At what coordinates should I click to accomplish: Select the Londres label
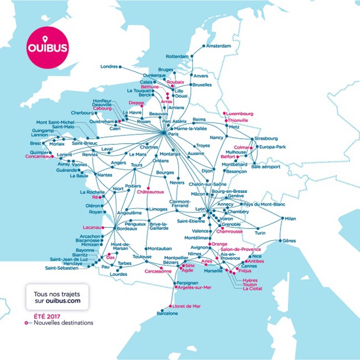point(109,66)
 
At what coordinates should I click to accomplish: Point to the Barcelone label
point(167,314)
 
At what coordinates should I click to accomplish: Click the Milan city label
point(290,218)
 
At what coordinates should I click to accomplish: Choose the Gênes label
point(289,240)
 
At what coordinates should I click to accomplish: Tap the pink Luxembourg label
point(239,113)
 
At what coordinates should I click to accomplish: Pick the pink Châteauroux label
point(150,192)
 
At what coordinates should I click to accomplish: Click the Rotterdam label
point(177,56)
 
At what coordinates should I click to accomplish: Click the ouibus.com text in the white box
point(63,302)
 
